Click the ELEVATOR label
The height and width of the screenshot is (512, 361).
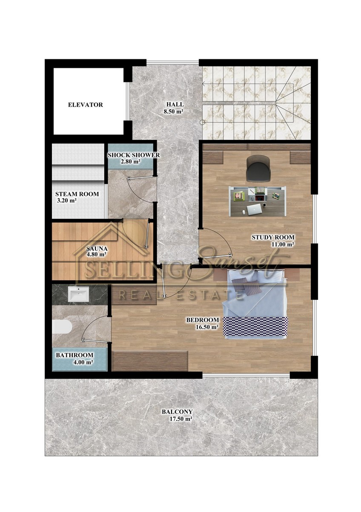(x=86, y=105)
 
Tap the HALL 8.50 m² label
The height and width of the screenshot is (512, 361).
(x=175, y=108)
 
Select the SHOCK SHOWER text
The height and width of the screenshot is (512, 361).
(x=134, y=155)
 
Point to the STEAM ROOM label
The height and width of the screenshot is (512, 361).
(x=77, y=194)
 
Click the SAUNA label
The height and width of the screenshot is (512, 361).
(x=97, y=248)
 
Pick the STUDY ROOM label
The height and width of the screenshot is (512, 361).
(x=273, y=237)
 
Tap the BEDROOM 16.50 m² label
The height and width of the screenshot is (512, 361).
(x=203, y=323)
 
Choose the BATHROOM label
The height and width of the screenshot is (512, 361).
(x=74, y=355)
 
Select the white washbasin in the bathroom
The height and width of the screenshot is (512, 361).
(x=79, y=294)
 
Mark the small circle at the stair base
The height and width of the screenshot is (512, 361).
(x=202, y=122)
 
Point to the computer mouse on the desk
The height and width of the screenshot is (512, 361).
(x=244, y=212)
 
